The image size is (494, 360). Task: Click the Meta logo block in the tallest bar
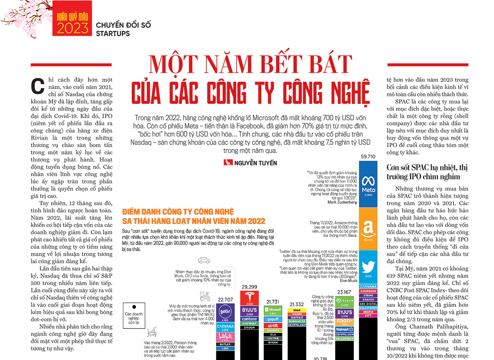tap(368, 184)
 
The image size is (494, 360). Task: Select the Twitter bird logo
tap(368, 266)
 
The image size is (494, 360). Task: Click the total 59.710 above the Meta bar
tap(368, 157)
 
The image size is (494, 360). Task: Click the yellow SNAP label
tap(297, 310)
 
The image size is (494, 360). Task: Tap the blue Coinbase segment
tap(249, 318)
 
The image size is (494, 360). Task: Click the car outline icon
tap(204, 260)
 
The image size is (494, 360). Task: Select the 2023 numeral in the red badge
tap(73, 28)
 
